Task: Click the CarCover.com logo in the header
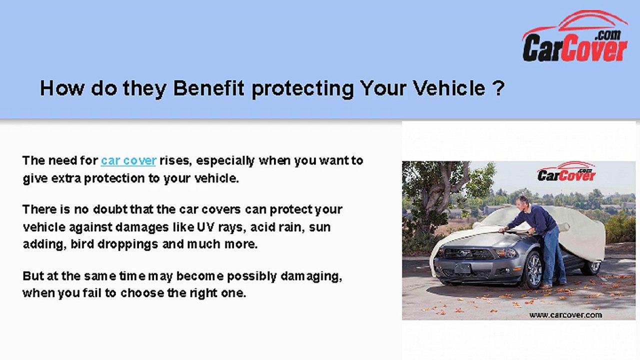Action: [575, 37]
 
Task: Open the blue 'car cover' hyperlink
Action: [128, 160]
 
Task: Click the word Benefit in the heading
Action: [208, 88]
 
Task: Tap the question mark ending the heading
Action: [497, 88]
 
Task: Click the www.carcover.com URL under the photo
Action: [565, 314]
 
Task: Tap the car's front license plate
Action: [462, 268]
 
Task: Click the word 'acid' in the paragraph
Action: [261, 227]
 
